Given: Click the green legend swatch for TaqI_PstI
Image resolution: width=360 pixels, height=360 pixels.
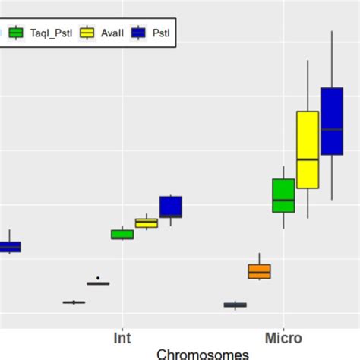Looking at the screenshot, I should [16, 33].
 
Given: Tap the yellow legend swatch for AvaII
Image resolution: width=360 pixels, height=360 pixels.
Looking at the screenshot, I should [88, 33].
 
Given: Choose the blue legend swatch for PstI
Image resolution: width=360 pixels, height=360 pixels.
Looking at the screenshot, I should [138, 33].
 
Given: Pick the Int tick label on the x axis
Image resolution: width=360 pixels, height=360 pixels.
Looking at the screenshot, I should [122, 337].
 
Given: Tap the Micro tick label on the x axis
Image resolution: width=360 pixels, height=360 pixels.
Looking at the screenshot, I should [283, 337].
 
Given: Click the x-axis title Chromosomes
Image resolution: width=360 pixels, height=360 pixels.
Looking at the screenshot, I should [202, 353].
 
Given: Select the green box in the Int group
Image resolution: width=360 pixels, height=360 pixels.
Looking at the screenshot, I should [122, 234].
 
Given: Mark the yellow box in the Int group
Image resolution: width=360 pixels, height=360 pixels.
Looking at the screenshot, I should [146, 223].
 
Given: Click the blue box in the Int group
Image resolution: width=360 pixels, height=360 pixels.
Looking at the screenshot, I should [170, 207].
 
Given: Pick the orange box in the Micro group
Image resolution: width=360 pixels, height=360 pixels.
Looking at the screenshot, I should [259, 271].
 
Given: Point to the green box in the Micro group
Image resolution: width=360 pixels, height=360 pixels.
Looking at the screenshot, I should [283, 195].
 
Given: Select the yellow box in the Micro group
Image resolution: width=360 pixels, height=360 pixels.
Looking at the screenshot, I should [308, 150].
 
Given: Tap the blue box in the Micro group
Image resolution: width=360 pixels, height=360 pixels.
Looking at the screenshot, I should [332, 122].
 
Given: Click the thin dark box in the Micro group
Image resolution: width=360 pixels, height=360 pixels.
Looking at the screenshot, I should [235, 305].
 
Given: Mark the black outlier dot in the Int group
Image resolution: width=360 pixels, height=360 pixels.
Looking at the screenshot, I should [98, 278].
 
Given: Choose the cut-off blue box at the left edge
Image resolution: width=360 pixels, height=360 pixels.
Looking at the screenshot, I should [9, 246].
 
